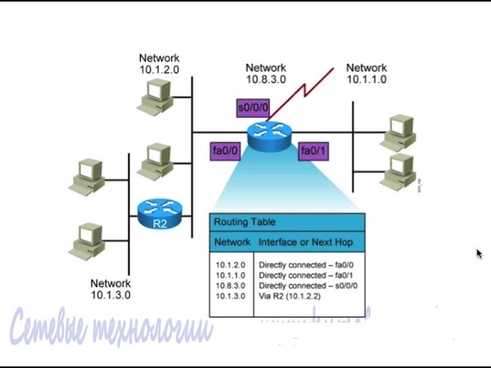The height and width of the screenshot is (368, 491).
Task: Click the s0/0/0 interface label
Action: pyautogui.click(x=251, y=107)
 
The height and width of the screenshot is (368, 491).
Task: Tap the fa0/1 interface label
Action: pyautogui.click(x=313, y=151)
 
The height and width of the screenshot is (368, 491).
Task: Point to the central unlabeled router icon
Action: pyautogui.click(x=270, y=136)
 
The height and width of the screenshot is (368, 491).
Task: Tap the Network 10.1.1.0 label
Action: pyautogui.click(x=366, y=74)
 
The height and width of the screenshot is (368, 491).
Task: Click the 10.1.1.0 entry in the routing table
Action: pyautogui.click(x=232, y=276)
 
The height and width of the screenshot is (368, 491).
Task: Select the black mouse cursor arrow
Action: pyautogui.click(x=480, y=254)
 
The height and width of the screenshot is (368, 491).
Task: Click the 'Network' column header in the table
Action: pyautogui.click(x=232, y=243)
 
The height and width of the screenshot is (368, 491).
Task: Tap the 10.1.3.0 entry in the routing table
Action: pyautogui.click(x=232, y=295)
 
